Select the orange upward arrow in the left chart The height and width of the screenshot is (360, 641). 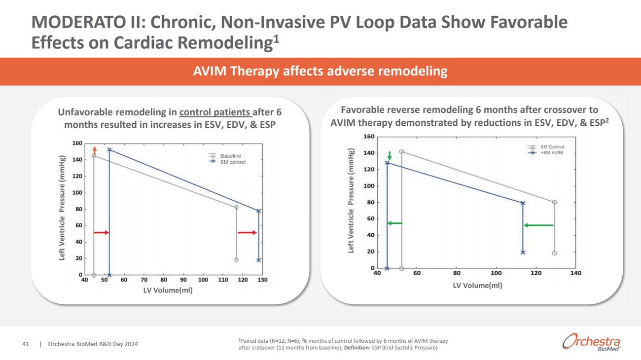tap(94, 150)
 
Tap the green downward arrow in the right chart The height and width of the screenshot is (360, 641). tap(390, 155)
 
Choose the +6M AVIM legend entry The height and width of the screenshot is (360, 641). tap(551, 153)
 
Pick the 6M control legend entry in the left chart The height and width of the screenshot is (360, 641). tap(232, 162)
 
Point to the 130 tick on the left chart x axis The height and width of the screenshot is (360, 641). tap(262, 280)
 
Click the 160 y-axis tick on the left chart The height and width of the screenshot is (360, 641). tap(77, 144)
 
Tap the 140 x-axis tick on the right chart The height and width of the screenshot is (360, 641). tap(576, 273)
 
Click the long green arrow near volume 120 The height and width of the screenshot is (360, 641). tap(538, 225)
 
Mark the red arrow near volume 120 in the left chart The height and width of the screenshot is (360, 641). tap(247, 232)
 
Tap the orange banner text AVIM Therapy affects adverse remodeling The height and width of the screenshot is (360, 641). tap(320, 72)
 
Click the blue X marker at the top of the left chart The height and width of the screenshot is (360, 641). tap(109, 149)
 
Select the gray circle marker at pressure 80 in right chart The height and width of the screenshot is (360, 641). tap(555, 202)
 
